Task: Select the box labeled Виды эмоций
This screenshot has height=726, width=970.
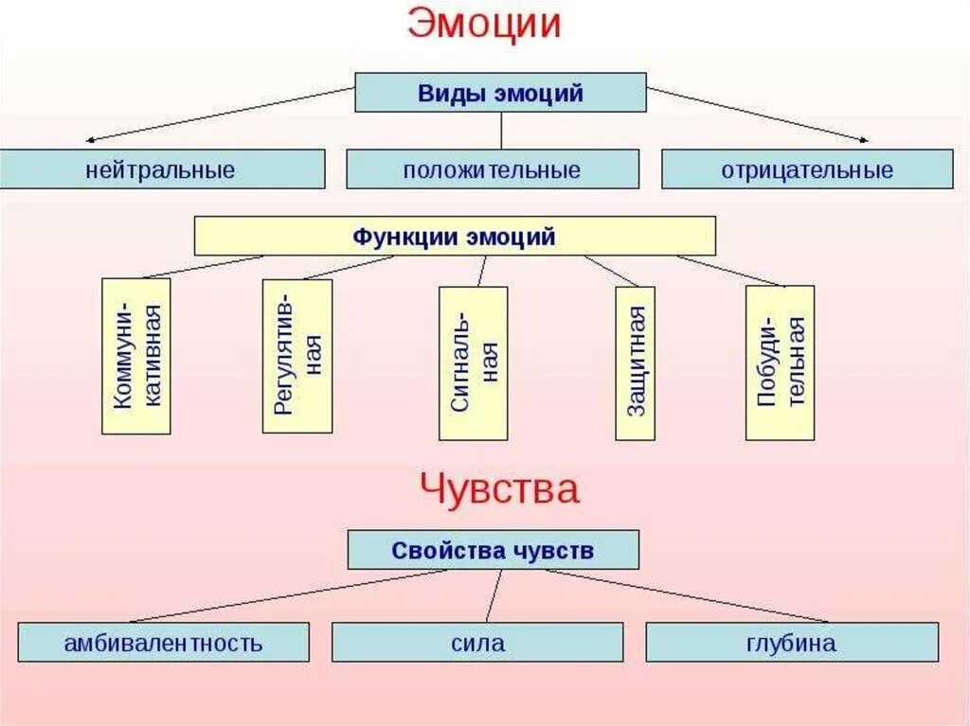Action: click(500, 93)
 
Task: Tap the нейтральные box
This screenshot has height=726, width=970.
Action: click(162, 169)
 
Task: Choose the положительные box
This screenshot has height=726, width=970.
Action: click(492, 169)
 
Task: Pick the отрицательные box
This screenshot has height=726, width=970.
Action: click(807, 169)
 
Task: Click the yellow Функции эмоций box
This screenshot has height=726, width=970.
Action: click(455, 236)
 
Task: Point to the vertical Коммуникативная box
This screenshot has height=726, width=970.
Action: click(136, 356)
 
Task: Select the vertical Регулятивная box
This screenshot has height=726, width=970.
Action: click(297, 356)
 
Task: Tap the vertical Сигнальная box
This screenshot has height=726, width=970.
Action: click(474, 363)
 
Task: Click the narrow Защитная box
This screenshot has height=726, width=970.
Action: click(635, 363)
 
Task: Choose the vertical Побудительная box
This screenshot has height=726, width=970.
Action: click(780, 363)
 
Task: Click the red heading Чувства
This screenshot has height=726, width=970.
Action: click(499, 490)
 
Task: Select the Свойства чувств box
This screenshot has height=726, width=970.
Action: click(493, 550)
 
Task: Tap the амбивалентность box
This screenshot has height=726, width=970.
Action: click(163, 642)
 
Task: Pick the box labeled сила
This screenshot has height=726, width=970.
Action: click(477, 642)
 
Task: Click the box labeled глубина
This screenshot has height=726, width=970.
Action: click(792, 642)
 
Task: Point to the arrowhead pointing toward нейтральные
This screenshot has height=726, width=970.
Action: click(88, 140)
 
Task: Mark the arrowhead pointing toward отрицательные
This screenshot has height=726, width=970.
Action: click(863, 140)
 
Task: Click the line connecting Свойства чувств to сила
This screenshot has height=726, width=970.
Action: click(494, 595)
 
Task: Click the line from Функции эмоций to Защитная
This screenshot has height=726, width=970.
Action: click(612, 271)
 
